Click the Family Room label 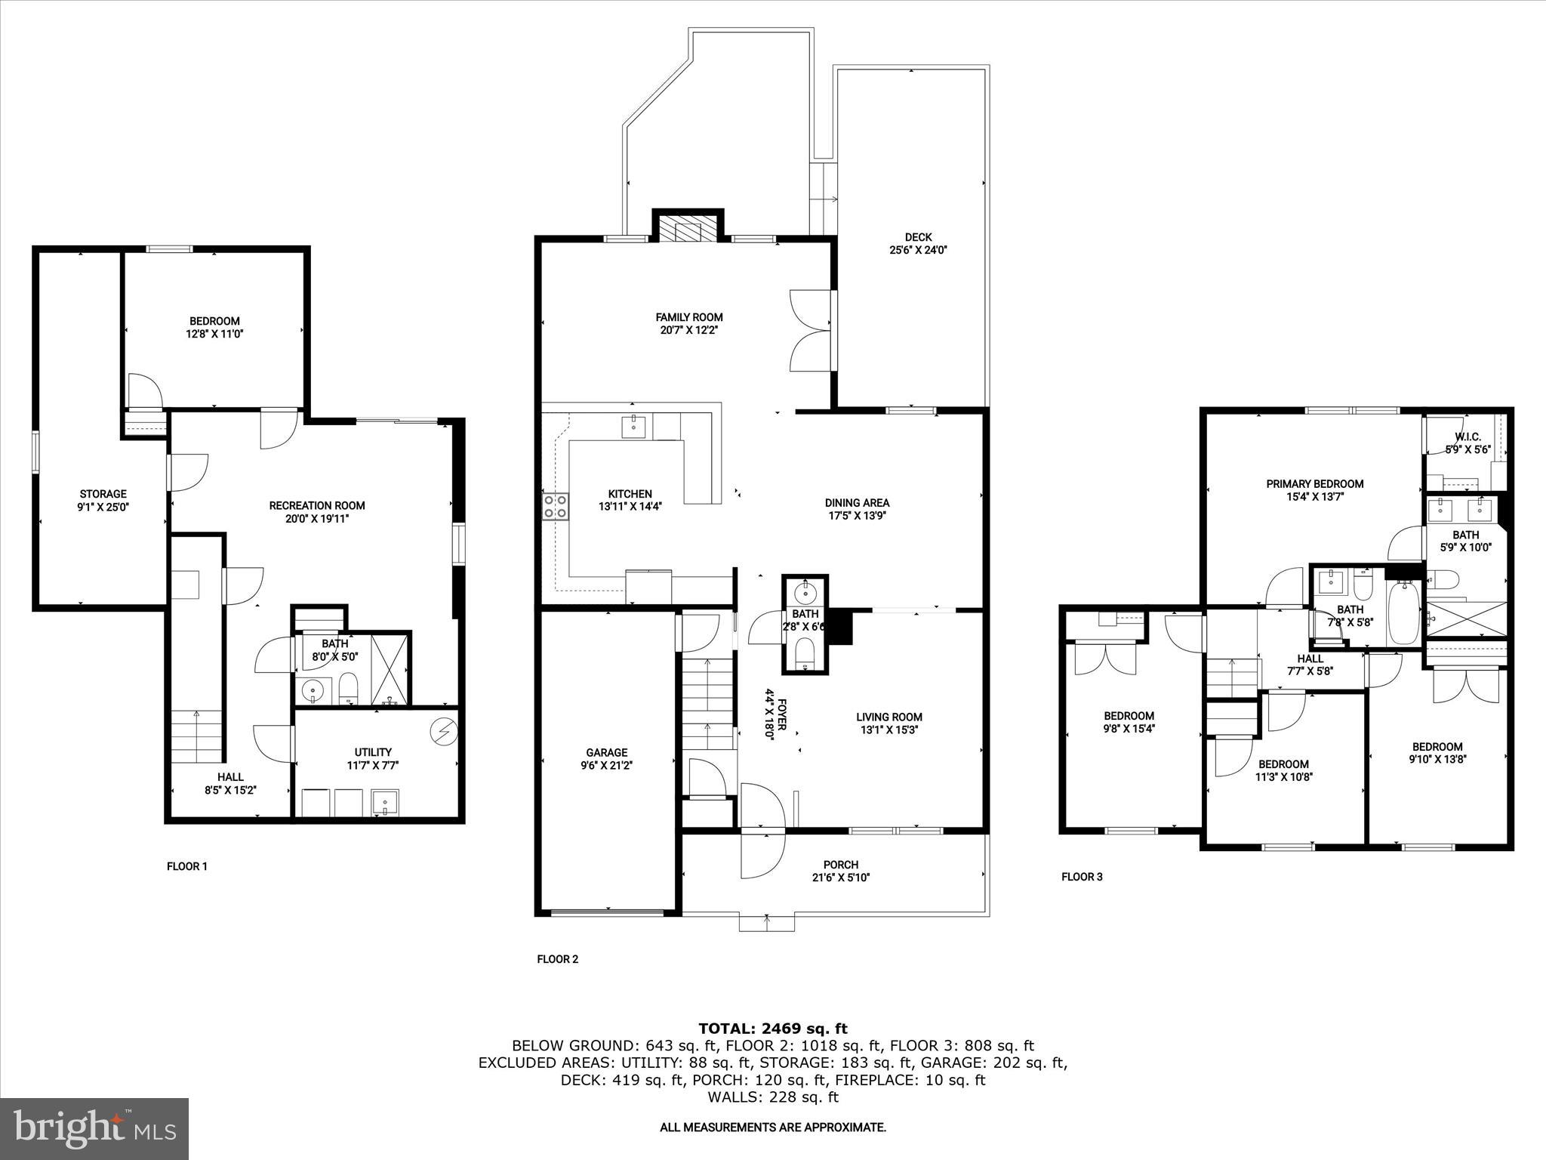688,317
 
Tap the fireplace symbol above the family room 688,229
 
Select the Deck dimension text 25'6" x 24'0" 918,250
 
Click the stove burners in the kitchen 555,506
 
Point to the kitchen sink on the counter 633,427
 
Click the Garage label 606,752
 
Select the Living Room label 888,717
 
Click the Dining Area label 857,502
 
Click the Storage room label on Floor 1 103,494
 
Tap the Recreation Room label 317,505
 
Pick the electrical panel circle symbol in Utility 441,730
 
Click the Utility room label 373,751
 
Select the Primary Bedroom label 1314,483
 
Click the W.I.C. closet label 1467,437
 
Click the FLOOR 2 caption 557,959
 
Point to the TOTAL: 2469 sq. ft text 772,1029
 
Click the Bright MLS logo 94,1128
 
